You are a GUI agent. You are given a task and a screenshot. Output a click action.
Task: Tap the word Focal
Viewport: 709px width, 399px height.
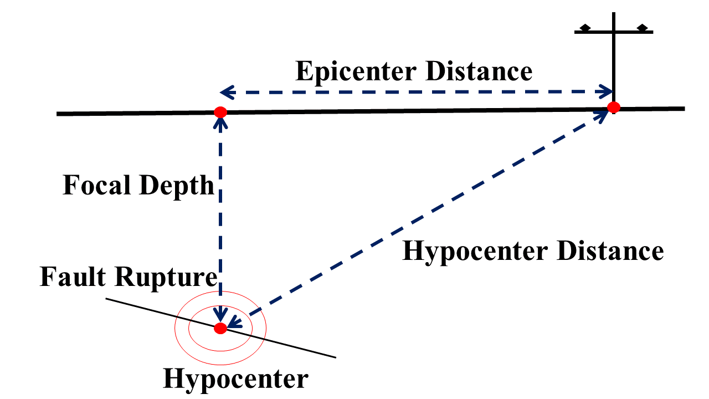tap(97, 185)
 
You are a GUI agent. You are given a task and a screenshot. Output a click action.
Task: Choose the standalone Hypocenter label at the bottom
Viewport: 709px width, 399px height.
tap(235, 379)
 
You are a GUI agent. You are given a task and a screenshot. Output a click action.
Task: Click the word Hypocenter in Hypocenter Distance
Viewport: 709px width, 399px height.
tap(474, 251)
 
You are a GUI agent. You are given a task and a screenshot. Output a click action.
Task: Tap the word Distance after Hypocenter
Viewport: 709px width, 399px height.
tap(610, 251)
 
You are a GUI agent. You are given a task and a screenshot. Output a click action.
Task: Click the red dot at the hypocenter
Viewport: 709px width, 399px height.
tap(220, 328)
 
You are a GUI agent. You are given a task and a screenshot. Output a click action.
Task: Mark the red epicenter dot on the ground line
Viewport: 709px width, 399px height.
tap(220, 112)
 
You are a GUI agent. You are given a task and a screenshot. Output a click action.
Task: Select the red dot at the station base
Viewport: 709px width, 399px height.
tap(613, 108)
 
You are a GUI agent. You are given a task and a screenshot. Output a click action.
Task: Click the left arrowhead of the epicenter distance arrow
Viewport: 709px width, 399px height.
tap(224, 92)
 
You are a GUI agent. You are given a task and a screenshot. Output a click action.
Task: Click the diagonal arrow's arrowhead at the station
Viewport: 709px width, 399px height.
tap(601, 114)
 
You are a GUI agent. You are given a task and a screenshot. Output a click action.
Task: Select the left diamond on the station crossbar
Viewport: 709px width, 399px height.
tap(584, 28)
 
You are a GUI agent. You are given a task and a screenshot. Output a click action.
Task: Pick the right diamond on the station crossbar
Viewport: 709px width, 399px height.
tap(643, 28)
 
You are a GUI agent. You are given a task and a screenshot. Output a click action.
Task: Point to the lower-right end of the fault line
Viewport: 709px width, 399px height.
tap(335, 357)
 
